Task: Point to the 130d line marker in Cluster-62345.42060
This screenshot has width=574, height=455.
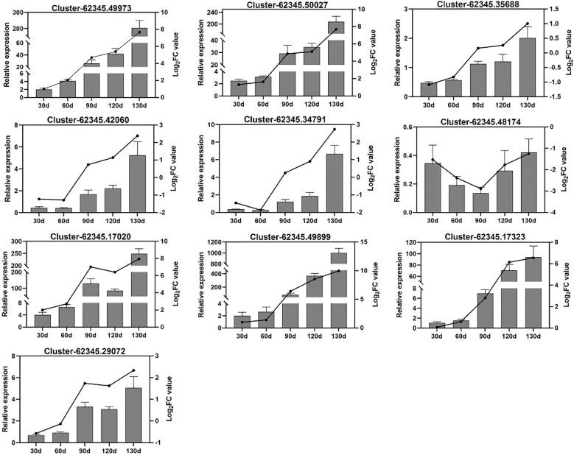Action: coord(137,136)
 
